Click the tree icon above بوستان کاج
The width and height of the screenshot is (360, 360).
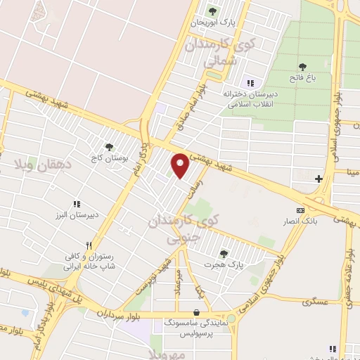point(109,147)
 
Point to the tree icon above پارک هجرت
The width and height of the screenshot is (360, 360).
point(224,254)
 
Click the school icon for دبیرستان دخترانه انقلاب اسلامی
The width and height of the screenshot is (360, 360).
point(250,83)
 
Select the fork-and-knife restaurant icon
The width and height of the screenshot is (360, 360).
point(89,246)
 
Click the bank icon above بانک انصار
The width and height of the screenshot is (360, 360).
point(300,210)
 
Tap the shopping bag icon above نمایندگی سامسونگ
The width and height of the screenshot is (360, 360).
point(196,312)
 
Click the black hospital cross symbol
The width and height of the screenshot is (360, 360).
point(319,179)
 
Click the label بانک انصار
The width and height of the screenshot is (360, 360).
point(301,221)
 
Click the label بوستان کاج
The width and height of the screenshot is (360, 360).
point(110,158)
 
